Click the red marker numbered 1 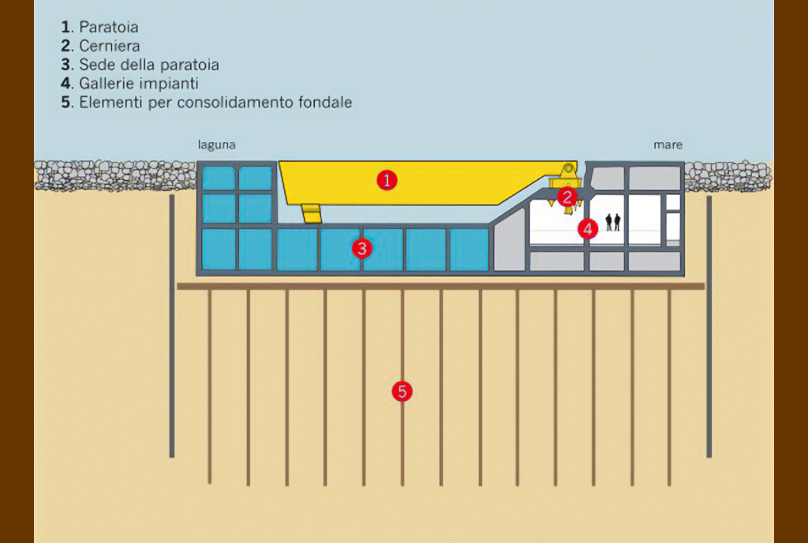[x=387, y=180]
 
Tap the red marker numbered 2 [x=567, y=197]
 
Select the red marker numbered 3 [x=361, y=249]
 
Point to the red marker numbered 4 [x=588, y=229]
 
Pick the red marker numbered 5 [x=402, y=391]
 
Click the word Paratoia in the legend [x=109, y=27]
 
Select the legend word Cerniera [x=109, y=46]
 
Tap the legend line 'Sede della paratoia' [x=149, y=65]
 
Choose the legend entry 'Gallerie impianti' [x=139, y=84]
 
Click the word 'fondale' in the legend [x=324, y=102]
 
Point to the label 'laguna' [x=216, y=145]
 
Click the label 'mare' [x=668, y=145]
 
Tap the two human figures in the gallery [x=612, y=222]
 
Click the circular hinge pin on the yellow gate [x=568, y=168]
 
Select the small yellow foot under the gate [x=312, y=213]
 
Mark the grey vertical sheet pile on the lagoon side [x=172, y=326]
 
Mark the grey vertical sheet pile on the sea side [x=709, y=326]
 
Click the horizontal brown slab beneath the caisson [x=440, y=286]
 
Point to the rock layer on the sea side [x=728, y=176]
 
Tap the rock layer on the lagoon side [x=115, y=176]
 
